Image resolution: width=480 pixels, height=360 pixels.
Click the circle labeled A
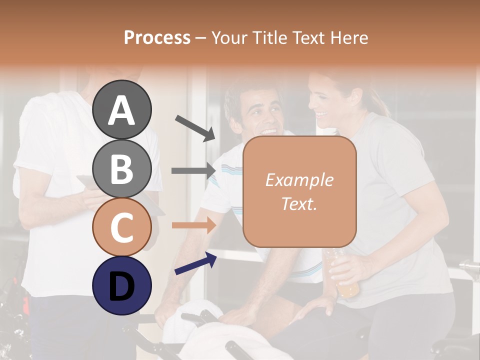point(121,110)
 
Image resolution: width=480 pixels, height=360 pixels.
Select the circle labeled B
point(121,168)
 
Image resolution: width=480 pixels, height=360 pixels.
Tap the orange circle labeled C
point(121,227)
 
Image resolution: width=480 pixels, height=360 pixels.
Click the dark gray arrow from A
point(195,128)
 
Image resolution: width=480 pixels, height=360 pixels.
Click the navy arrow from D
point(195,263)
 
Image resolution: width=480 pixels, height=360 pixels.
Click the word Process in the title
point(157,37)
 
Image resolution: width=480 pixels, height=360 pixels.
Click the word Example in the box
point(299,180)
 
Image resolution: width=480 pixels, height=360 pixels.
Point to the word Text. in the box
point(299,203)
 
